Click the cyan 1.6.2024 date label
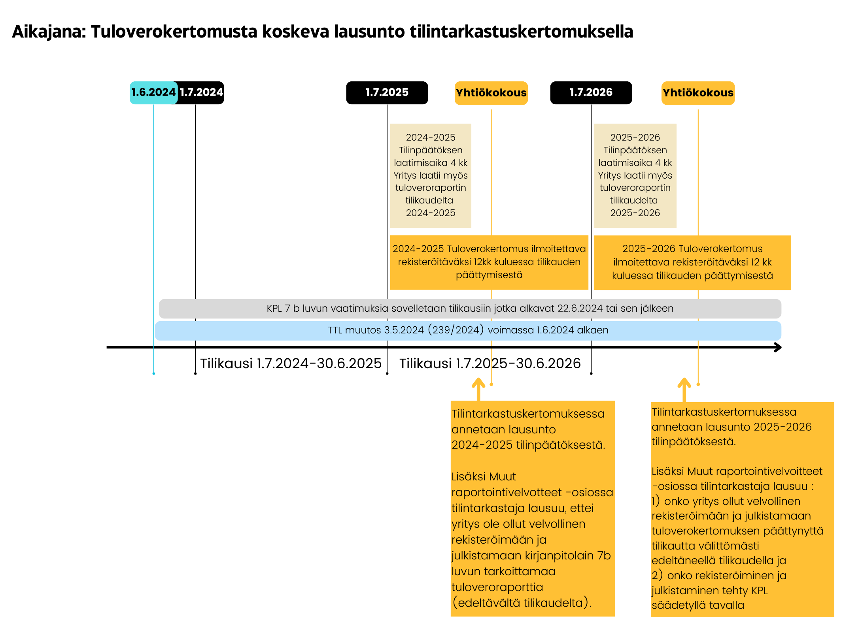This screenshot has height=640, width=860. pyautogui.click(x=153, y=92)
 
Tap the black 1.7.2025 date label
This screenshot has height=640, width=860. pyautogui.click(x=387, y=92)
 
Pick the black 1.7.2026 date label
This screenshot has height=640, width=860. pyautogui.click(x=591, y=92)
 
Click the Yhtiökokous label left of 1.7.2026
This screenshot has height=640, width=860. pyautogui.click(x=491, y=93)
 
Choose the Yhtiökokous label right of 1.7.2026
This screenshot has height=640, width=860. pyautogui.click(x=698, y=93)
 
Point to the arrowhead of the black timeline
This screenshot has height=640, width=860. pyautogui.click(x=778, y=347)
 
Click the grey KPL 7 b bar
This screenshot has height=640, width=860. pyautogui.click(x=470, y=309)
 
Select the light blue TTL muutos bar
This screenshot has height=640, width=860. pyautogui.click(x=468, y=330)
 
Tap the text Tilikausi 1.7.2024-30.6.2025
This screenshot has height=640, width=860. pyautogui.click(x=291, y=363)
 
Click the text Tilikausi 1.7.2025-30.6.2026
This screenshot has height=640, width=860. pyautogui.click(x=490, y=363)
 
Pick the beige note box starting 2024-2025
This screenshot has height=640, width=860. pyautogui.click(x=431, y=175)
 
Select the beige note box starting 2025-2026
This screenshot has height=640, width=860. pyautogui.click(x=635, y=175)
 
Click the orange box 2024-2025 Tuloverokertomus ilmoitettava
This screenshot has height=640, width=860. pyautogui.click(x=489, y=262)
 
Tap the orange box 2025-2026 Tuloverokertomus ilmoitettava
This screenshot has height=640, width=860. pyautogui.click(x=692, y=262)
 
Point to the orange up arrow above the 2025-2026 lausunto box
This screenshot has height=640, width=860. pyautogui.click(x=684, y=389)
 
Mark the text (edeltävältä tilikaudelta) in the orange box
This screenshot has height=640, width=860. pyautogui.click(x=521, y=603)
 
